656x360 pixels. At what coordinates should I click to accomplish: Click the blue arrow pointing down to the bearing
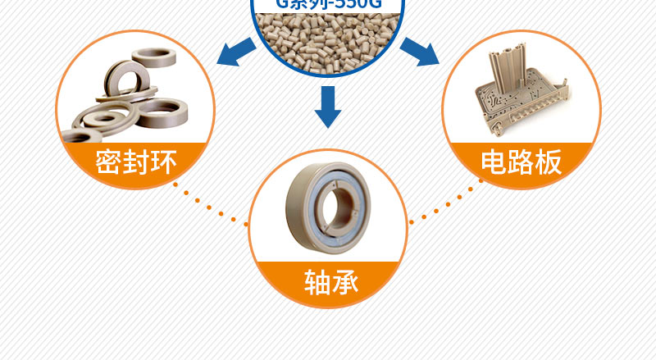pos(328,107)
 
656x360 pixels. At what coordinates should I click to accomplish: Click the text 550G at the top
pos(349,3)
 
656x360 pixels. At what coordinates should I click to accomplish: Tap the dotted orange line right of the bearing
pos(447,204)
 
